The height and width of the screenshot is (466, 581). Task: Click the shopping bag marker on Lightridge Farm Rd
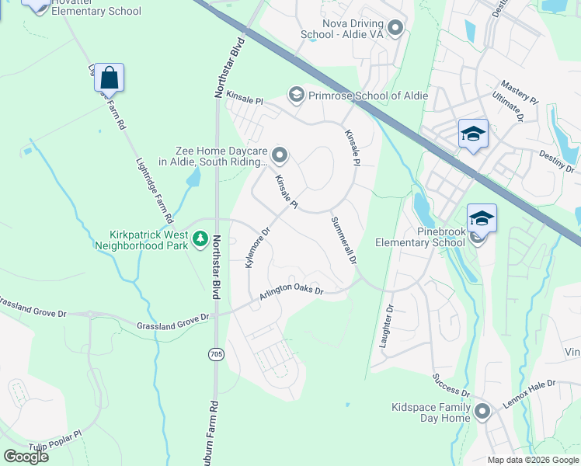point(110,78)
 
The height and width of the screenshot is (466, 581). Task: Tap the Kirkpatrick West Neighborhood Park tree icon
point(201,238)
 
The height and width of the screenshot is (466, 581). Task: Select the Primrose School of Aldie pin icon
point(295,96)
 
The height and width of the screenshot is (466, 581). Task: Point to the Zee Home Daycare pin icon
point(280,157)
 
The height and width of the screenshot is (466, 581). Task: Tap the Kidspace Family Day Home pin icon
point(482,412)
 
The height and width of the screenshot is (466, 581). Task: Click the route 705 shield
point(216,354)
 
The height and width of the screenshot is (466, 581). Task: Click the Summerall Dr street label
point(343,240)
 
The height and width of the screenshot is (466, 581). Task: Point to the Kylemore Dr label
point(256,248)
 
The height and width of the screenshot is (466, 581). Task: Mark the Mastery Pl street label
point(519,90)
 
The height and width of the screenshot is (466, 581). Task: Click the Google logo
point(26,456)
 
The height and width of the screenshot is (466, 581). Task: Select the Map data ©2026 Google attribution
point(533,460)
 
